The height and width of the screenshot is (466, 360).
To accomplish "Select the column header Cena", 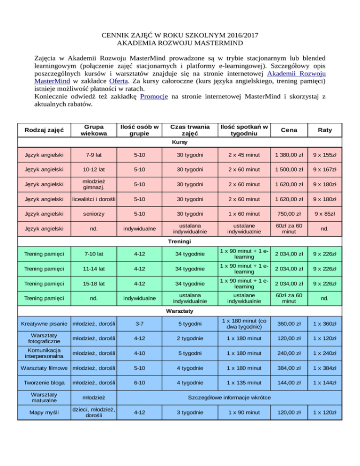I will [x=287, y=130].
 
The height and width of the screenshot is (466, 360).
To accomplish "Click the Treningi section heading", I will [x=180, y=241].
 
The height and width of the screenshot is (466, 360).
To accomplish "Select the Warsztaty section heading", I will [x=180, y=311].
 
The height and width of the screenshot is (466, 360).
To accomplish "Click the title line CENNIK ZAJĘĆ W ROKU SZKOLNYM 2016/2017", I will [x=180, y=35].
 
